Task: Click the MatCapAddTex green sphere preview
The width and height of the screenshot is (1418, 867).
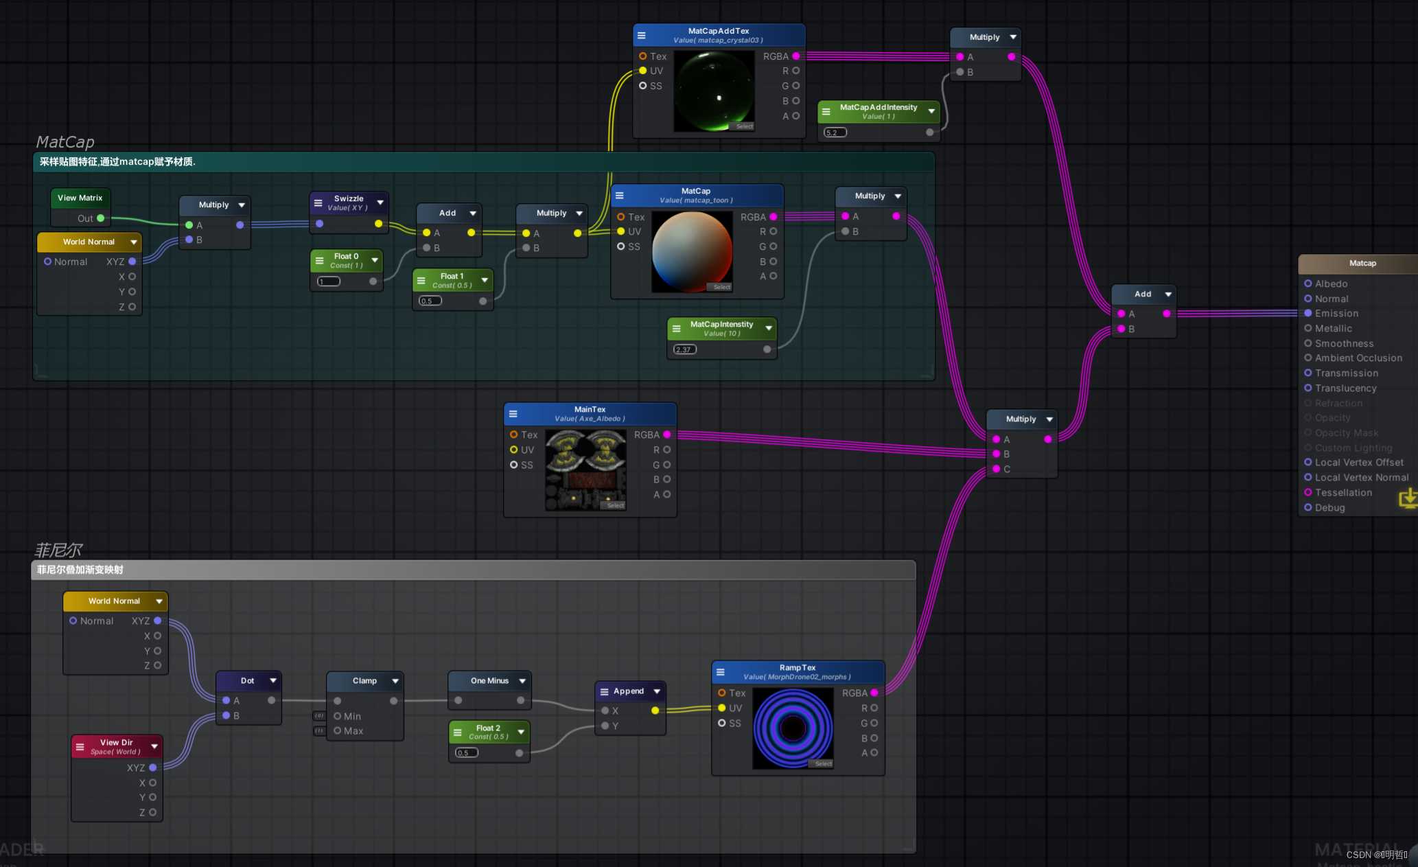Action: pyautogui.click(x=714, y=91)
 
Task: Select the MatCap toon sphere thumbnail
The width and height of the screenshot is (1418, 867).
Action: pyautogui.click(x=692, y=251)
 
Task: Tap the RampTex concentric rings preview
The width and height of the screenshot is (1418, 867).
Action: pyautogui.click(x=793, y=728)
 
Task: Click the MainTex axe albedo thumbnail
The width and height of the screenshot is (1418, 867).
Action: pyautogui.click(x=585, y=470)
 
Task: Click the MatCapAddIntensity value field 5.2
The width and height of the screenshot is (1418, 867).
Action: pyautogui.click(x=835, y=132)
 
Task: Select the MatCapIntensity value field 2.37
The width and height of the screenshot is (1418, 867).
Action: pyautogui.click(x=685, y=349)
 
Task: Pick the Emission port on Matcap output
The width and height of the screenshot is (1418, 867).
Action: pyautogui.click(x=1308, y=313)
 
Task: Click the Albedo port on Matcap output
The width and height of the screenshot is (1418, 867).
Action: pyautogui.click(x=1308, y=284)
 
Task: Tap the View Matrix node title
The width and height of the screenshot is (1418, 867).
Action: pyautogui.click(x=80, y=198)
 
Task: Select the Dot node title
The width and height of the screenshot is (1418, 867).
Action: pyautogui.click(x=247, y=680)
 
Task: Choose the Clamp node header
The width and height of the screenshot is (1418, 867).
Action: pyautogui.click(x=364, y=680)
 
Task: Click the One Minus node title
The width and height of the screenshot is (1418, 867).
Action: pyautogui.click(x=489, y=680)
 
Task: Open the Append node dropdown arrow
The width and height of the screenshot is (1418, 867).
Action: pyautogui.click(x=657, y=691)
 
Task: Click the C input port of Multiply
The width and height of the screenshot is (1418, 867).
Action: pyautogui.click(x=997, y=469)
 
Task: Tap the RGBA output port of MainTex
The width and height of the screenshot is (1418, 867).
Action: pyautogui.click(x=667, y=435)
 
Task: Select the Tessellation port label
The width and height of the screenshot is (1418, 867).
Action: pyautogui.click(x=1343, y=492)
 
